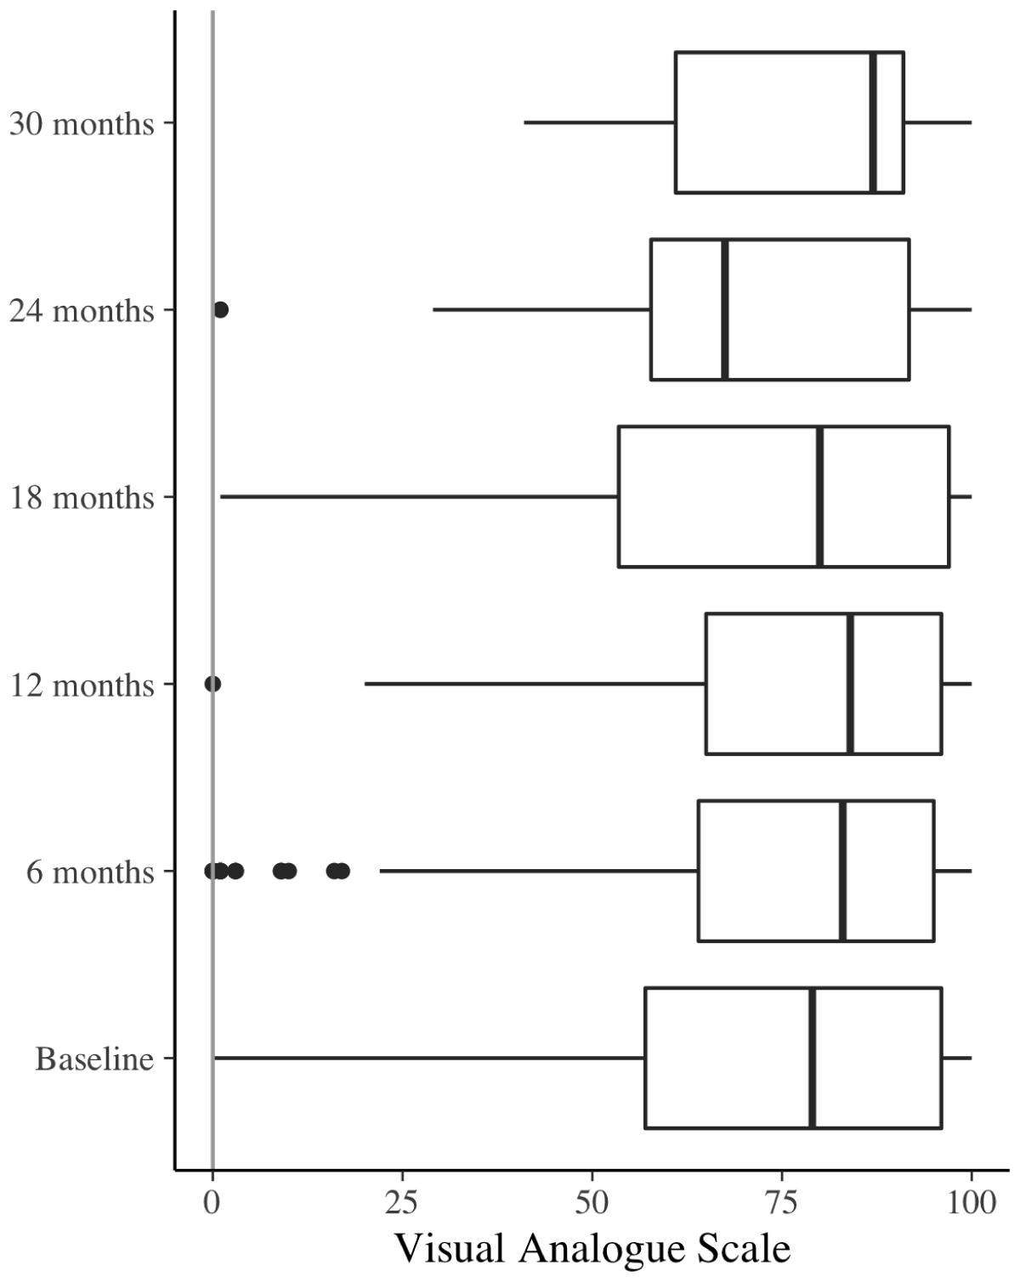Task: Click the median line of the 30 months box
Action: (x=873, y=122)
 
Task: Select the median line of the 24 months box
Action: (x=724, y=309)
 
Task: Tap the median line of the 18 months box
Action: (x=819, y=496)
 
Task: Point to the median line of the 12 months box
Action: (x=849, y=683)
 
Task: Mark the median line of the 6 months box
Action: (x=842, y=871)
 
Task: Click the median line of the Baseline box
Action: (x=812, y=1058)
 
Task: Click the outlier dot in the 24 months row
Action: (x=220, y=310)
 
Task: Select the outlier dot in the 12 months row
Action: (x=212, y=684)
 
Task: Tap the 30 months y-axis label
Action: (x=82, y=124)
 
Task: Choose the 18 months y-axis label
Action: (x=82, y=498)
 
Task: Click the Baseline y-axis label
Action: (x=95, y=1059)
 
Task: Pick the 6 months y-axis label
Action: (x=90, y=873)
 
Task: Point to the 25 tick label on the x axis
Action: (x=401, y=1203)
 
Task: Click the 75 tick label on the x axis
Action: (x=781, y=1203)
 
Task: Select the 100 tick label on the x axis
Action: (x=972, y=1203)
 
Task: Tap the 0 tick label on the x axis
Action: (x=212, y=1203)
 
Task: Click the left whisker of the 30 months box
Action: (x=600, y=122)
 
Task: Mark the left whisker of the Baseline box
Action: (x=429, y=1058)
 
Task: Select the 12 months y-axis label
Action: (x=82, y=685)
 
